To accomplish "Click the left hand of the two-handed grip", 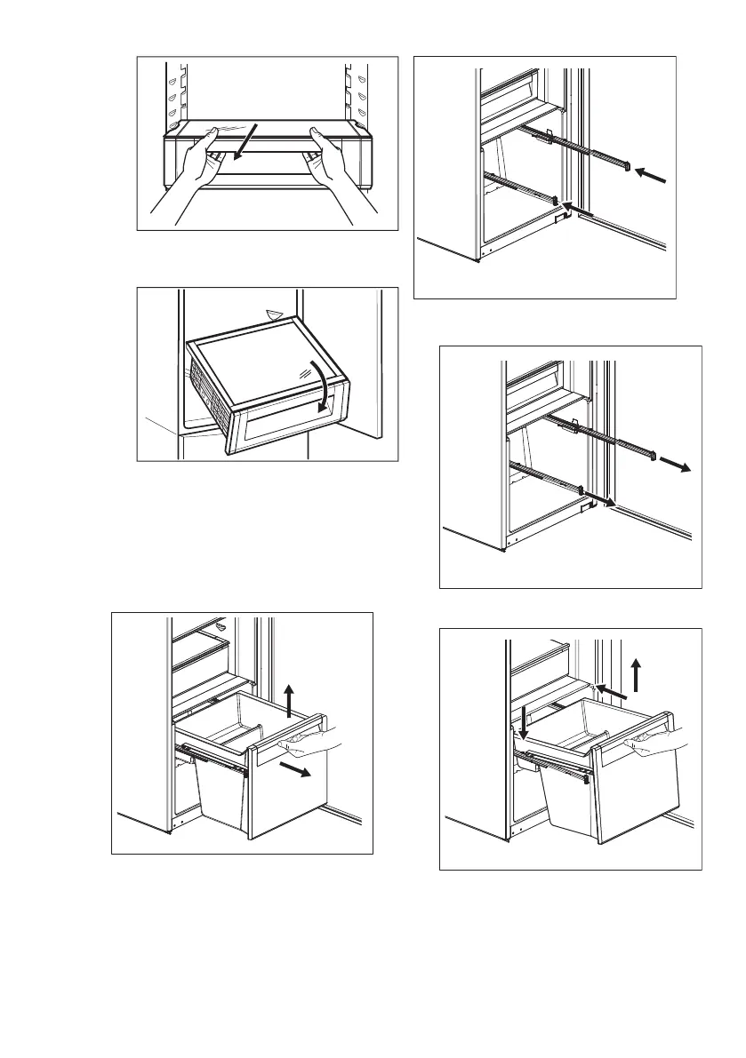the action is click(x=191, y=169).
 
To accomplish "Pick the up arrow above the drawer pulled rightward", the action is click(x=288, y=698).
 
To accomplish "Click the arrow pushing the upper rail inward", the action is click(x=652, y=177).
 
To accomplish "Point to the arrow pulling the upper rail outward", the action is click(x=678, y=467).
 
